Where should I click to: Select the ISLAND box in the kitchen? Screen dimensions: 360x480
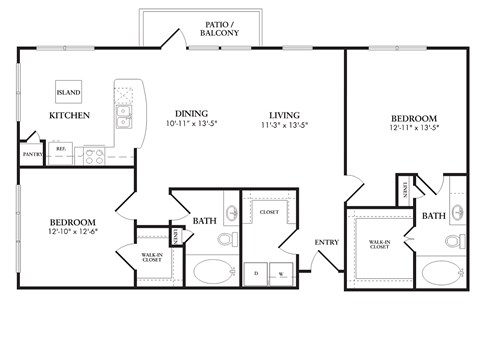click(x=69, y=92)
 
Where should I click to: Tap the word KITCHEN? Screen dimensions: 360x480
click(x=69, y=116)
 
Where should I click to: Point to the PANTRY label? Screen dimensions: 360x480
click(x=31, y=154)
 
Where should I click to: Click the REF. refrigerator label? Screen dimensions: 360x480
click(x=60, y=148)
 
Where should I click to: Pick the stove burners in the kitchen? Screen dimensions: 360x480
click(x=94, y=155)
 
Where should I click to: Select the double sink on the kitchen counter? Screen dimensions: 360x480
click(x=124, y=119)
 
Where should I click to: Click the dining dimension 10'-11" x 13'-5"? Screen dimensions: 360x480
click(x=191, y=124)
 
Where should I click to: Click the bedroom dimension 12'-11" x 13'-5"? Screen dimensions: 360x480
click(x=414, y=128)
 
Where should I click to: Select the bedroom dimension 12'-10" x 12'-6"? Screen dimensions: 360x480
click(x=72, y=232)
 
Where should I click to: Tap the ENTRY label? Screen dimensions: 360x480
click(x=326, y=242)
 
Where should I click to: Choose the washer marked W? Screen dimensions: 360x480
click(x=281, y=272)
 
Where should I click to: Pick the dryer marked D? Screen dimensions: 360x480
click(x=258, y=272)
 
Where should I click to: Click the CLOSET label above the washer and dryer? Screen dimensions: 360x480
click(x=268, y=212)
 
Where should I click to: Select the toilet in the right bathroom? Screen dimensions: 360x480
click(x=453, y=243)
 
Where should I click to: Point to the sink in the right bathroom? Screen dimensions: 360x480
click(x=457, y=212)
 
